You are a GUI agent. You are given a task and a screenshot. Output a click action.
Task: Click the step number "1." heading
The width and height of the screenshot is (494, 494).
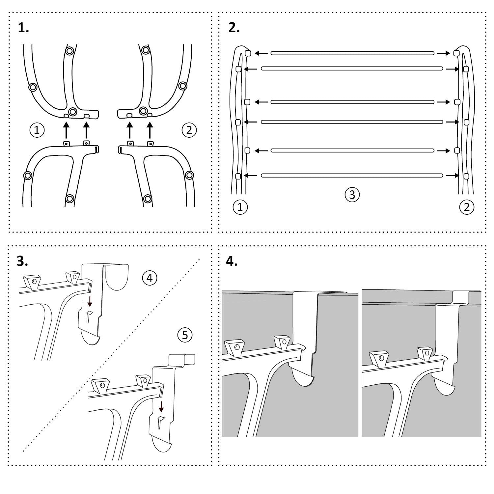pos(23,28)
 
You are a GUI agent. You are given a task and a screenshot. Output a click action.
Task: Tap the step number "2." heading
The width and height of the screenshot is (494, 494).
pos(234,28)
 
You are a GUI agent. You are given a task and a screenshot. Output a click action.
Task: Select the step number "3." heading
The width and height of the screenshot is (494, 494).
pos(22,261)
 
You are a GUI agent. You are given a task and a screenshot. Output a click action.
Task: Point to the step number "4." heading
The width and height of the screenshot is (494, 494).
pos(232,261)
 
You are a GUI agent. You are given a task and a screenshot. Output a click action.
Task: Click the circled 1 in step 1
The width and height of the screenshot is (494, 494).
pos(37,130)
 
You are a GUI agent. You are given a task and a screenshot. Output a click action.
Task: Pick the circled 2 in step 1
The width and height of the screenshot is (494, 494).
pos(189,130)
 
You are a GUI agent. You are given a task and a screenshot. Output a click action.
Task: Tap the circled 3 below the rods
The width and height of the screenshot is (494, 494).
pos(352,194)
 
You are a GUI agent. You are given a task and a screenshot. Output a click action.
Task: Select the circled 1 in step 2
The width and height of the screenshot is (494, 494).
pos(240,207)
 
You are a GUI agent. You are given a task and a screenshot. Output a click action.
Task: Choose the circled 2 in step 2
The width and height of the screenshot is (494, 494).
pos(466,207)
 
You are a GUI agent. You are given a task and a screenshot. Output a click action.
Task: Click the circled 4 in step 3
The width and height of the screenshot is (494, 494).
pos(150,278)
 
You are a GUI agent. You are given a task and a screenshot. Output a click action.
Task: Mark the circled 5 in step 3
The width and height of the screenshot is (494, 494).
pos(185,335)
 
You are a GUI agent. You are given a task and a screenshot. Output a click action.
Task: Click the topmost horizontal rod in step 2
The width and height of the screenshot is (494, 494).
pos(352,53)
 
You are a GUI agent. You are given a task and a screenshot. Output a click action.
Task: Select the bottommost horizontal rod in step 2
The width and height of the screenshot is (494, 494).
pos(352,176)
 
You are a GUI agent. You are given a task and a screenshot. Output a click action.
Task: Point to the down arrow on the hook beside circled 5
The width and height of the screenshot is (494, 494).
pos(161,406)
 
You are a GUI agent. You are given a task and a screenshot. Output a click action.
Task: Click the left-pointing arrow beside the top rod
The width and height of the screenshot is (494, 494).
pos(261,53)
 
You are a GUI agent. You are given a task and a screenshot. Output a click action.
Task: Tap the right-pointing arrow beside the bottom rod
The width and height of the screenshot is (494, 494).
pos(452,176)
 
